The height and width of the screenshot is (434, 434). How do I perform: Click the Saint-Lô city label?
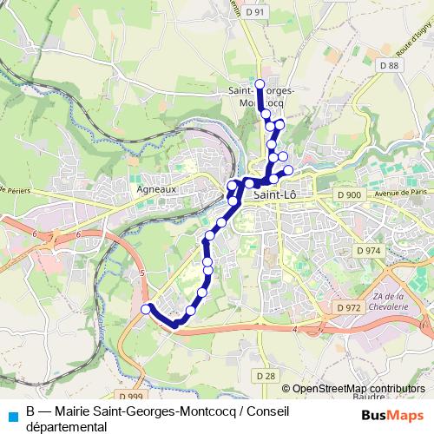[277, 196]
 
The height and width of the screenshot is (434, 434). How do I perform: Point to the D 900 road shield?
[349, 194]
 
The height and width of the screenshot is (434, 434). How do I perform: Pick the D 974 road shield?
[368, 250]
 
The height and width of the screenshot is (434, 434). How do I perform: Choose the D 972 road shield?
[348, 307]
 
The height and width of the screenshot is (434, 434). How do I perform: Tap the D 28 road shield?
[266, 375]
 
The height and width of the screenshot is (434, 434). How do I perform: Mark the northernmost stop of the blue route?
[260, 83]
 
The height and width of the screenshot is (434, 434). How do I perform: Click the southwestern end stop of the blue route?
[146, 307]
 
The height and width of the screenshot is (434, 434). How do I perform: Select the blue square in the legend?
[11, 416]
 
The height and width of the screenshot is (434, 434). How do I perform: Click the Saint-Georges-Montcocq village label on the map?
[260, 95]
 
